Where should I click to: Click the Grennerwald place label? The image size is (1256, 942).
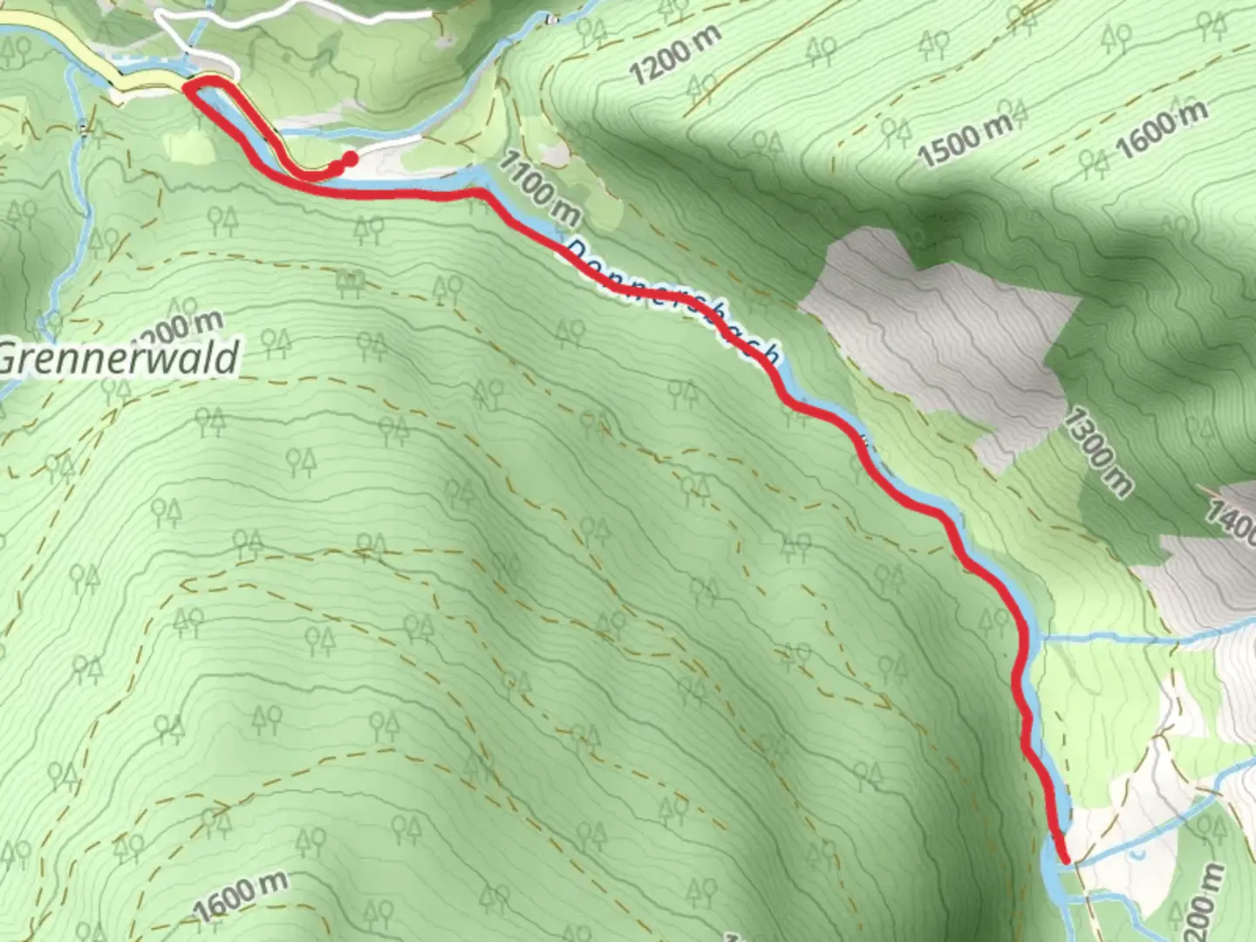click(119, 358)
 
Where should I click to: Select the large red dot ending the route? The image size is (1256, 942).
click(350, 159)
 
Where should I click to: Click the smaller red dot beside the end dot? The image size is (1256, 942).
click(336, 165)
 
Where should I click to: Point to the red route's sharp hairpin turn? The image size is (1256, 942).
click(191, 87)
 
